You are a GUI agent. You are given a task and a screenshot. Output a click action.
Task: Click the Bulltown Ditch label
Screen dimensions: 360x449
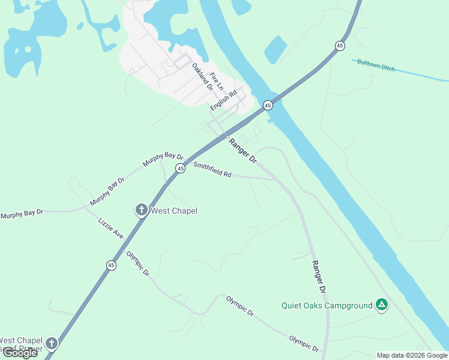(x=376, y=65)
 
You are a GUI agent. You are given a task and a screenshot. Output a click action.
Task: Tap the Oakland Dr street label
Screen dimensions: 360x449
(x=203, y=76)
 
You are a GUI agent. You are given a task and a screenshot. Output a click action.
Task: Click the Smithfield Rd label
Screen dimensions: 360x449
(x=212, y=170)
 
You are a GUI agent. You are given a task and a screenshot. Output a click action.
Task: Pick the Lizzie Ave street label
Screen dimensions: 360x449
(x=111, y=228)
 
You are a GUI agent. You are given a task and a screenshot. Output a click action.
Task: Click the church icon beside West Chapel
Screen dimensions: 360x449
(x=141, y=210)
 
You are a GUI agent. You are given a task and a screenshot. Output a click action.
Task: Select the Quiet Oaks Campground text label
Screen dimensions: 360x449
(x=327, y=305)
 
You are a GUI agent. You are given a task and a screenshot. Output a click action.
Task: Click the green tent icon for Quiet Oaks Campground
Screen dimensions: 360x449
(x=381, y=305)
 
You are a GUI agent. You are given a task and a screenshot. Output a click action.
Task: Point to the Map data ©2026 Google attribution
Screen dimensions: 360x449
(x=412, y=355)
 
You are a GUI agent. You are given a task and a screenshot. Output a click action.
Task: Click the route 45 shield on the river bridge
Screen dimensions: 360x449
(x=268, y=106)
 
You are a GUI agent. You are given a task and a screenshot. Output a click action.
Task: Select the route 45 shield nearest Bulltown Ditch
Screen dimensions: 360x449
(x=340, y=46)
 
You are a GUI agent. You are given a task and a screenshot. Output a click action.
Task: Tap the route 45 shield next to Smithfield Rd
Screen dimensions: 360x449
(x=180, y=169)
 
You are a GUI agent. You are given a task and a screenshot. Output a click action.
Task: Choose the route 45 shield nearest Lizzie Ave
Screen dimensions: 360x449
(x=111, y=265)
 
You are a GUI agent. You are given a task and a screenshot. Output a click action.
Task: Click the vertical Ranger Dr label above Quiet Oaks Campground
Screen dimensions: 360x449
(x=318, y=277)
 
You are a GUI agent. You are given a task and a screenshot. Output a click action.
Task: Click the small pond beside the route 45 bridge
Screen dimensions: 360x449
(x=275, y=49)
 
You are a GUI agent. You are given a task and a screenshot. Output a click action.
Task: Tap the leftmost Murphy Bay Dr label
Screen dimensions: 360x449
(x=22, y=213)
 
